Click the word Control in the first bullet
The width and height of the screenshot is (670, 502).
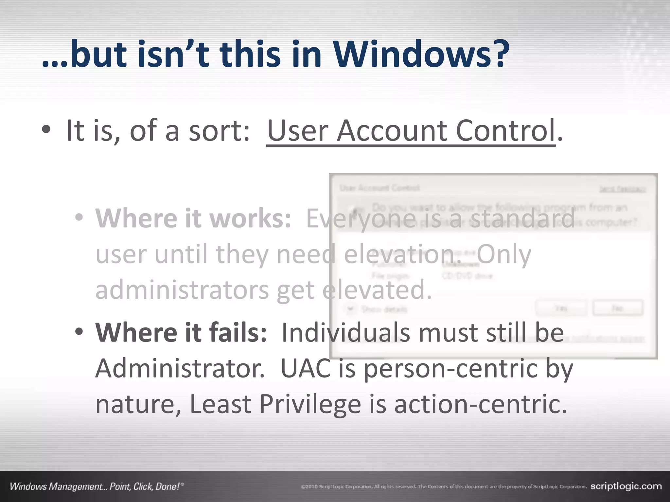point(505,131)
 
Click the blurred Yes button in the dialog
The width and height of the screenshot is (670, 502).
point(561,308)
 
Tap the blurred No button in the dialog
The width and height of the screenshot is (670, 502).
point(618,308)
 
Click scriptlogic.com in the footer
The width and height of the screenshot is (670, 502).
point(626,486)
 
